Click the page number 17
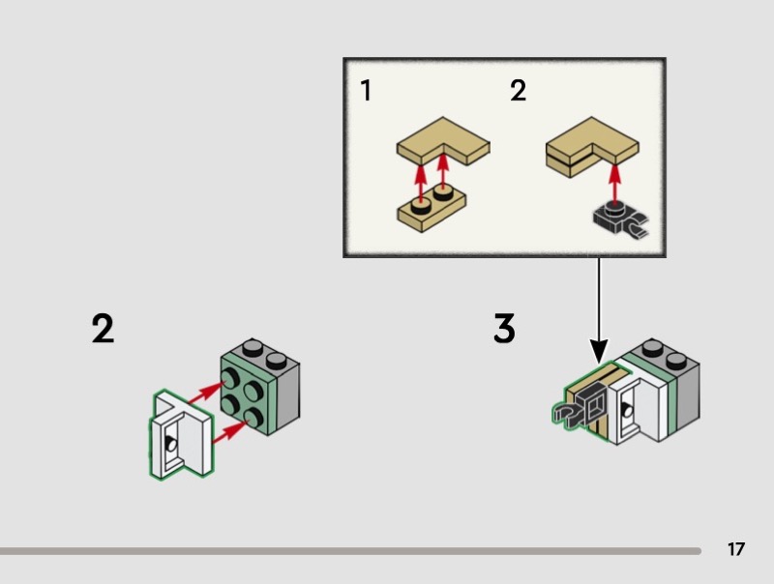735,549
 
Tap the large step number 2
103,329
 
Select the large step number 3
504,328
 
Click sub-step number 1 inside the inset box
366,90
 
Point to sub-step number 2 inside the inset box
518,90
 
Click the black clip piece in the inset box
620,221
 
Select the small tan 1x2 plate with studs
432,208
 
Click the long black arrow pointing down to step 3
599,310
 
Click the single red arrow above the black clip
614,183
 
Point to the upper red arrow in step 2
203,394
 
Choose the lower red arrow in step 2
230,432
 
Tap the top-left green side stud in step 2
230,379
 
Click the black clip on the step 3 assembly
580,410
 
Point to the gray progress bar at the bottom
350,551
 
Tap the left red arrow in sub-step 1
420,183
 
